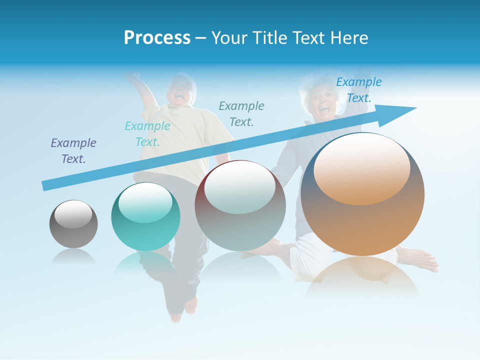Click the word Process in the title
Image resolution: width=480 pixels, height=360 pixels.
click(x=157, y=37)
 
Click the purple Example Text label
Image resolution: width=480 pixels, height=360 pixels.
click(x=73, y=150)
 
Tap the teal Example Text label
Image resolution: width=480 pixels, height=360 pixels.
click(x=147, y=133)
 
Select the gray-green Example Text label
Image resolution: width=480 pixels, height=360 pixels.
click(x=241, y=113)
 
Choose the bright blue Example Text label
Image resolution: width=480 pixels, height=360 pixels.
click(x=359, y=90)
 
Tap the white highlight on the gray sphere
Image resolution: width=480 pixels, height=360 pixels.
click(x=73, y=214)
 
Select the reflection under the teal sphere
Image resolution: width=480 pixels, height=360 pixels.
click(x=145, y=262)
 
